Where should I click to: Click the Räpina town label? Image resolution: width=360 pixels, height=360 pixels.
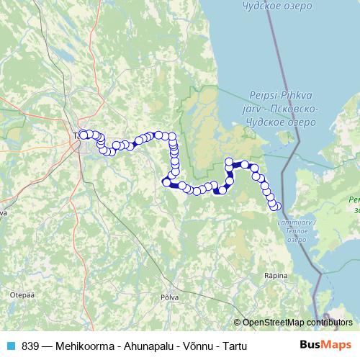point(276,275)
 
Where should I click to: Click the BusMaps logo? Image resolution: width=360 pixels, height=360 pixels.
point(325,346)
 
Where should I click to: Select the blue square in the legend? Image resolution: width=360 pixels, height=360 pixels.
point(11,346)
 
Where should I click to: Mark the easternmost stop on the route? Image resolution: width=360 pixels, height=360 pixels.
point(276,207)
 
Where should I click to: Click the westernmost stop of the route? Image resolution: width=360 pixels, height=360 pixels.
point(82,134)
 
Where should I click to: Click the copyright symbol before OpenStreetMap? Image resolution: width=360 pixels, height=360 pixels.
point(238,322)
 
